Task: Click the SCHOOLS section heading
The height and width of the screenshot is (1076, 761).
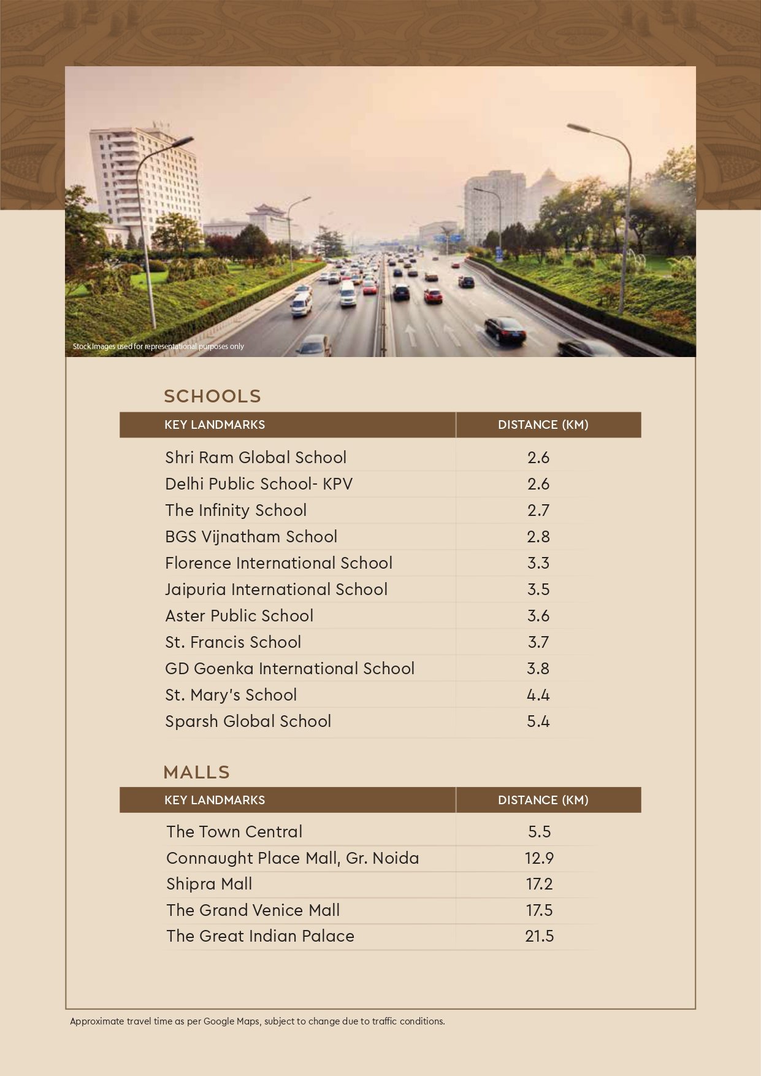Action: [212, 396]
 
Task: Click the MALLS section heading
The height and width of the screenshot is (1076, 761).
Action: [196, 772]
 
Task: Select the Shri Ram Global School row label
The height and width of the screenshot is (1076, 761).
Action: [256, 458]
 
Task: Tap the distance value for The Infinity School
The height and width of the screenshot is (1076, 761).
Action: [538, 510]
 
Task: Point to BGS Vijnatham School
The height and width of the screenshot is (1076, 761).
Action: [251, 537]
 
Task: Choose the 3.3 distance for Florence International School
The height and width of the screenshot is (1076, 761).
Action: [538, 563]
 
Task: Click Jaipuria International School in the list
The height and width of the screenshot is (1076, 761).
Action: [276, 590]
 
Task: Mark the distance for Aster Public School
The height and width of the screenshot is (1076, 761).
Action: [538, 616]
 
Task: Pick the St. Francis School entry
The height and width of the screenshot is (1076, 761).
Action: [233, 642]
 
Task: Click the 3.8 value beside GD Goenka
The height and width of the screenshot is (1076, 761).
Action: [538, 669]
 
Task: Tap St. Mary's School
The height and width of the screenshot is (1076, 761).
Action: [231, 695]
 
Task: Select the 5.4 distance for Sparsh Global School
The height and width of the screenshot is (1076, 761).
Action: [538, 721]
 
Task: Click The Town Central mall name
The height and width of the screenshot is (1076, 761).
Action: [234, 832]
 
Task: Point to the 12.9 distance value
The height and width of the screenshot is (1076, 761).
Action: [539, 858]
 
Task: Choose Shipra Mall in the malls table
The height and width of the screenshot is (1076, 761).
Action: [209, 884]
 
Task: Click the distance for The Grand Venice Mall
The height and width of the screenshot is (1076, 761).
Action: [539, 910]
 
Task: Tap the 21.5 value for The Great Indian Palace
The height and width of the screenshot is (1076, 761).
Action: [539, 936]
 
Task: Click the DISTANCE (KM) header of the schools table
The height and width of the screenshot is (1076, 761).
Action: [543, 425]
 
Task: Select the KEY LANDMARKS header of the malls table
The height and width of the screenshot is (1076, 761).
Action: [215, 800]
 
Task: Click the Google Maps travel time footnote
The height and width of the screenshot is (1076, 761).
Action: [257, 1021]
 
